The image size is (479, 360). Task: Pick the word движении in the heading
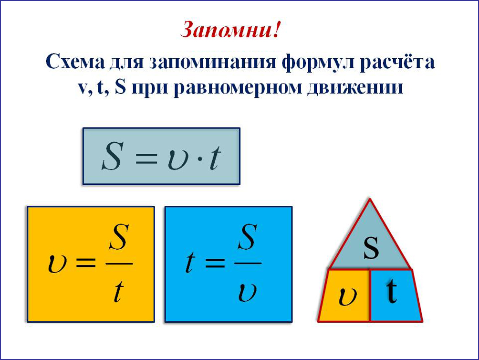[x=355, y=87]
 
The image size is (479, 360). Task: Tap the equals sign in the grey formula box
[x=146, y=159]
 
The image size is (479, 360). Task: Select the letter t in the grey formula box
[x=215, y=158]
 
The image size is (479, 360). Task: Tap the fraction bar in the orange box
[x=119, y=264]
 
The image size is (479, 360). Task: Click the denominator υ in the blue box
[x=248, y=293]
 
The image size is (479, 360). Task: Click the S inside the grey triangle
[x=371, y=247]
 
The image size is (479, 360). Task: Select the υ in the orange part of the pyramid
[x=348, y=296]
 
